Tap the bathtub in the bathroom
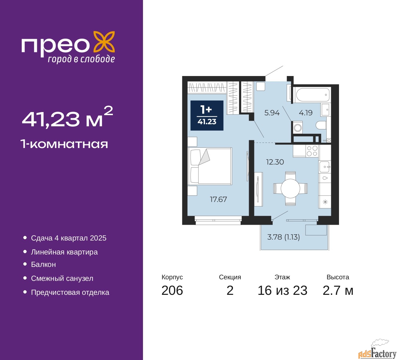point(312,95)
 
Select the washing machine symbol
point(298,128)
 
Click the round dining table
point(290,188)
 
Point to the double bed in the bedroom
point(210,166)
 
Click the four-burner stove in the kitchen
point(312,151)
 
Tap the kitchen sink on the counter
point(325,167)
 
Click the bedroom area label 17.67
point(218,199)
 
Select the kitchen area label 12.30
point(275,162)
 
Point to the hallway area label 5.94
point(272,113)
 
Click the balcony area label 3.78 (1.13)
point(283,237)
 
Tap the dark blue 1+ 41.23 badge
point(207,115)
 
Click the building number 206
point(172,290)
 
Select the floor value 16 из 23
point(282,290)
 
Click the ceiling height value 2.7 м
point(338,290)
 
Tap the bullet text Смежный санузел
point(62,278)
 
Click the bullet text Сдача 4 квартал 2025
point(69,238)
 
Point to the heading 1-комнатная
point(64,144)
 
